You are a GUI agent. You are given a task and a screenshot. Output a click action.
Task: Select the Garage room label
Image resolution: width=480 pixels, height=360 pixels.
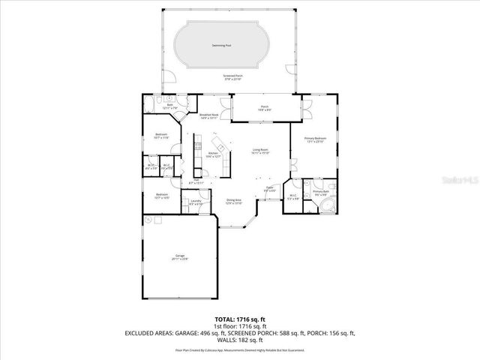click(x=180, y=258)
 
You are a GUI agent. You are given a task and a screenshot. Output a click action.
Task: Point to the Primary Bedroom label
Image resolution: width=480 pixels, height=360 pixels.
click(x=313, y=140)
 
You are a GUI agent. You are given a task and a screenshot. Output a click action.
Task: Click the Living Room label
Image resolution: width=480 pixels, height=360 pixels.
click(x=260, y=150)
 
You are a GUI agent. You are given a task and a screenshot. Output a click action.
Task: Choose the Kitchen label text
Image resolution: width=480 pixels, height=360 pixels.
click(x=213, y=154)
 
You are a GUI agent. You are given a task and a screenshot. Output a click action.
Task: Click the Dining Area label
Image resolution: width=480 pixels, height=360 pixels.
click(x=234, y=201)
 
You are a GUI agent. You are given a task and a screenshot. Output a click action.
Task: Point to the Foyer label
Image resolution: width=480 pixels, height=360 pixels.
click(x=268, y=189)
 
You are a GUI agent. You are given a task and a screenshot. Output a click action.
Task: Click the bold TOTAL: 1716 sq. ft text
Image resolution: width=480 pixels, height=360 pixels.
click(x=239, y=319)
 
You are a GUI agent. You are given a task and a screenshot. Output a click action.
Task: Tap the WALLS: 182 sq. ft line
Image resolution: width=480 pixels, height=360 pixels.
click(x=239, y=340)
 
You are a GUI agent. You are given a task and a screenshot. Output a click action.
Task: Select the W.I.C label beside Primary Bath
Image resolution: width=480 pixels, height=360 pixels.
click(x=293, y=197)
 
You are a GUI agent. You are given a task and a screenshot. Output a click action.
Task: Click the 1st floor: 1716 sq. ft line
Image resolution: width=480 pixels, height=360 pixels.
click(x=239, y=325)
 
